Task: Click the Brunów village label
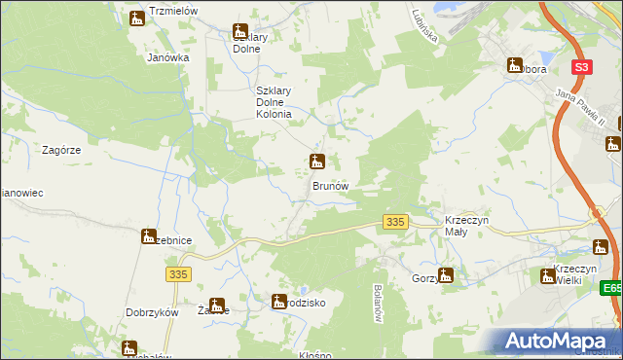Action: [330, 185]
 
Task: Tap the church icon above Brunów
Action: [316, 162]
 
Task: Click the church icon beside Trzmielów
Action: [137, 18]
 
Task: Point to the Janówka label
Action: [167, 57]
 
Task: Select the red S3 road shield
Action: [581, 67]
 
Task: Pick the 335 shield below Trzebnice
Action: [176, 275]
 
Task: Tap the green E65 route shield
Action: [611, 289]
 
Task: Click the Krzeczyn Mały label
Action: [472, 226]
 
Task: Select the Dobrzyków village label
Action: [151, 312]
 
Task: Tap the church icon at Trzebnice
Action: [149, 236]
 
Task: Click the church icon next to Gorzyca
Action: [446, 275]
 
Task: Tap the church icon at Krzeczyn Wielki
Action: [547, 276]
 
